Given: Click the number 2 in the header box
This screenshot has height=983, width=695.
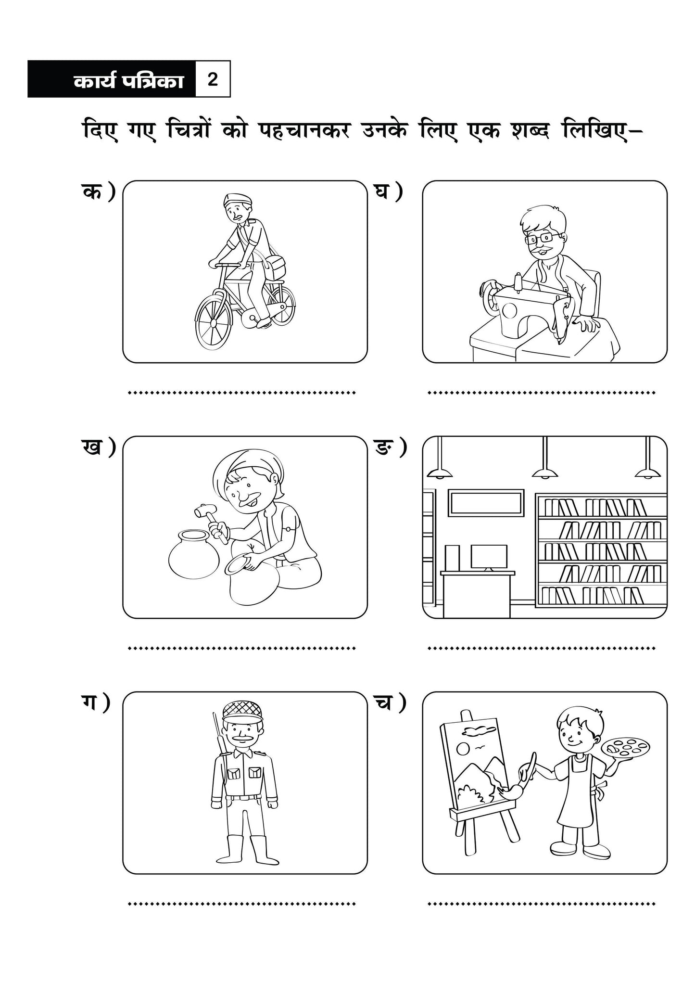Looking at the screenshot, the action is pos(213,79).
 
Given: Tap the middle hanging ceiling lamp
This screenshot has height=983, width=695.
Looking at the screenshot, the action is pos(545,458).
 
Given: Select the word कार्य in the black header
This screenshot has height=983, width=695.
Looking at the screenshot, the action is pos(94,81).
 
